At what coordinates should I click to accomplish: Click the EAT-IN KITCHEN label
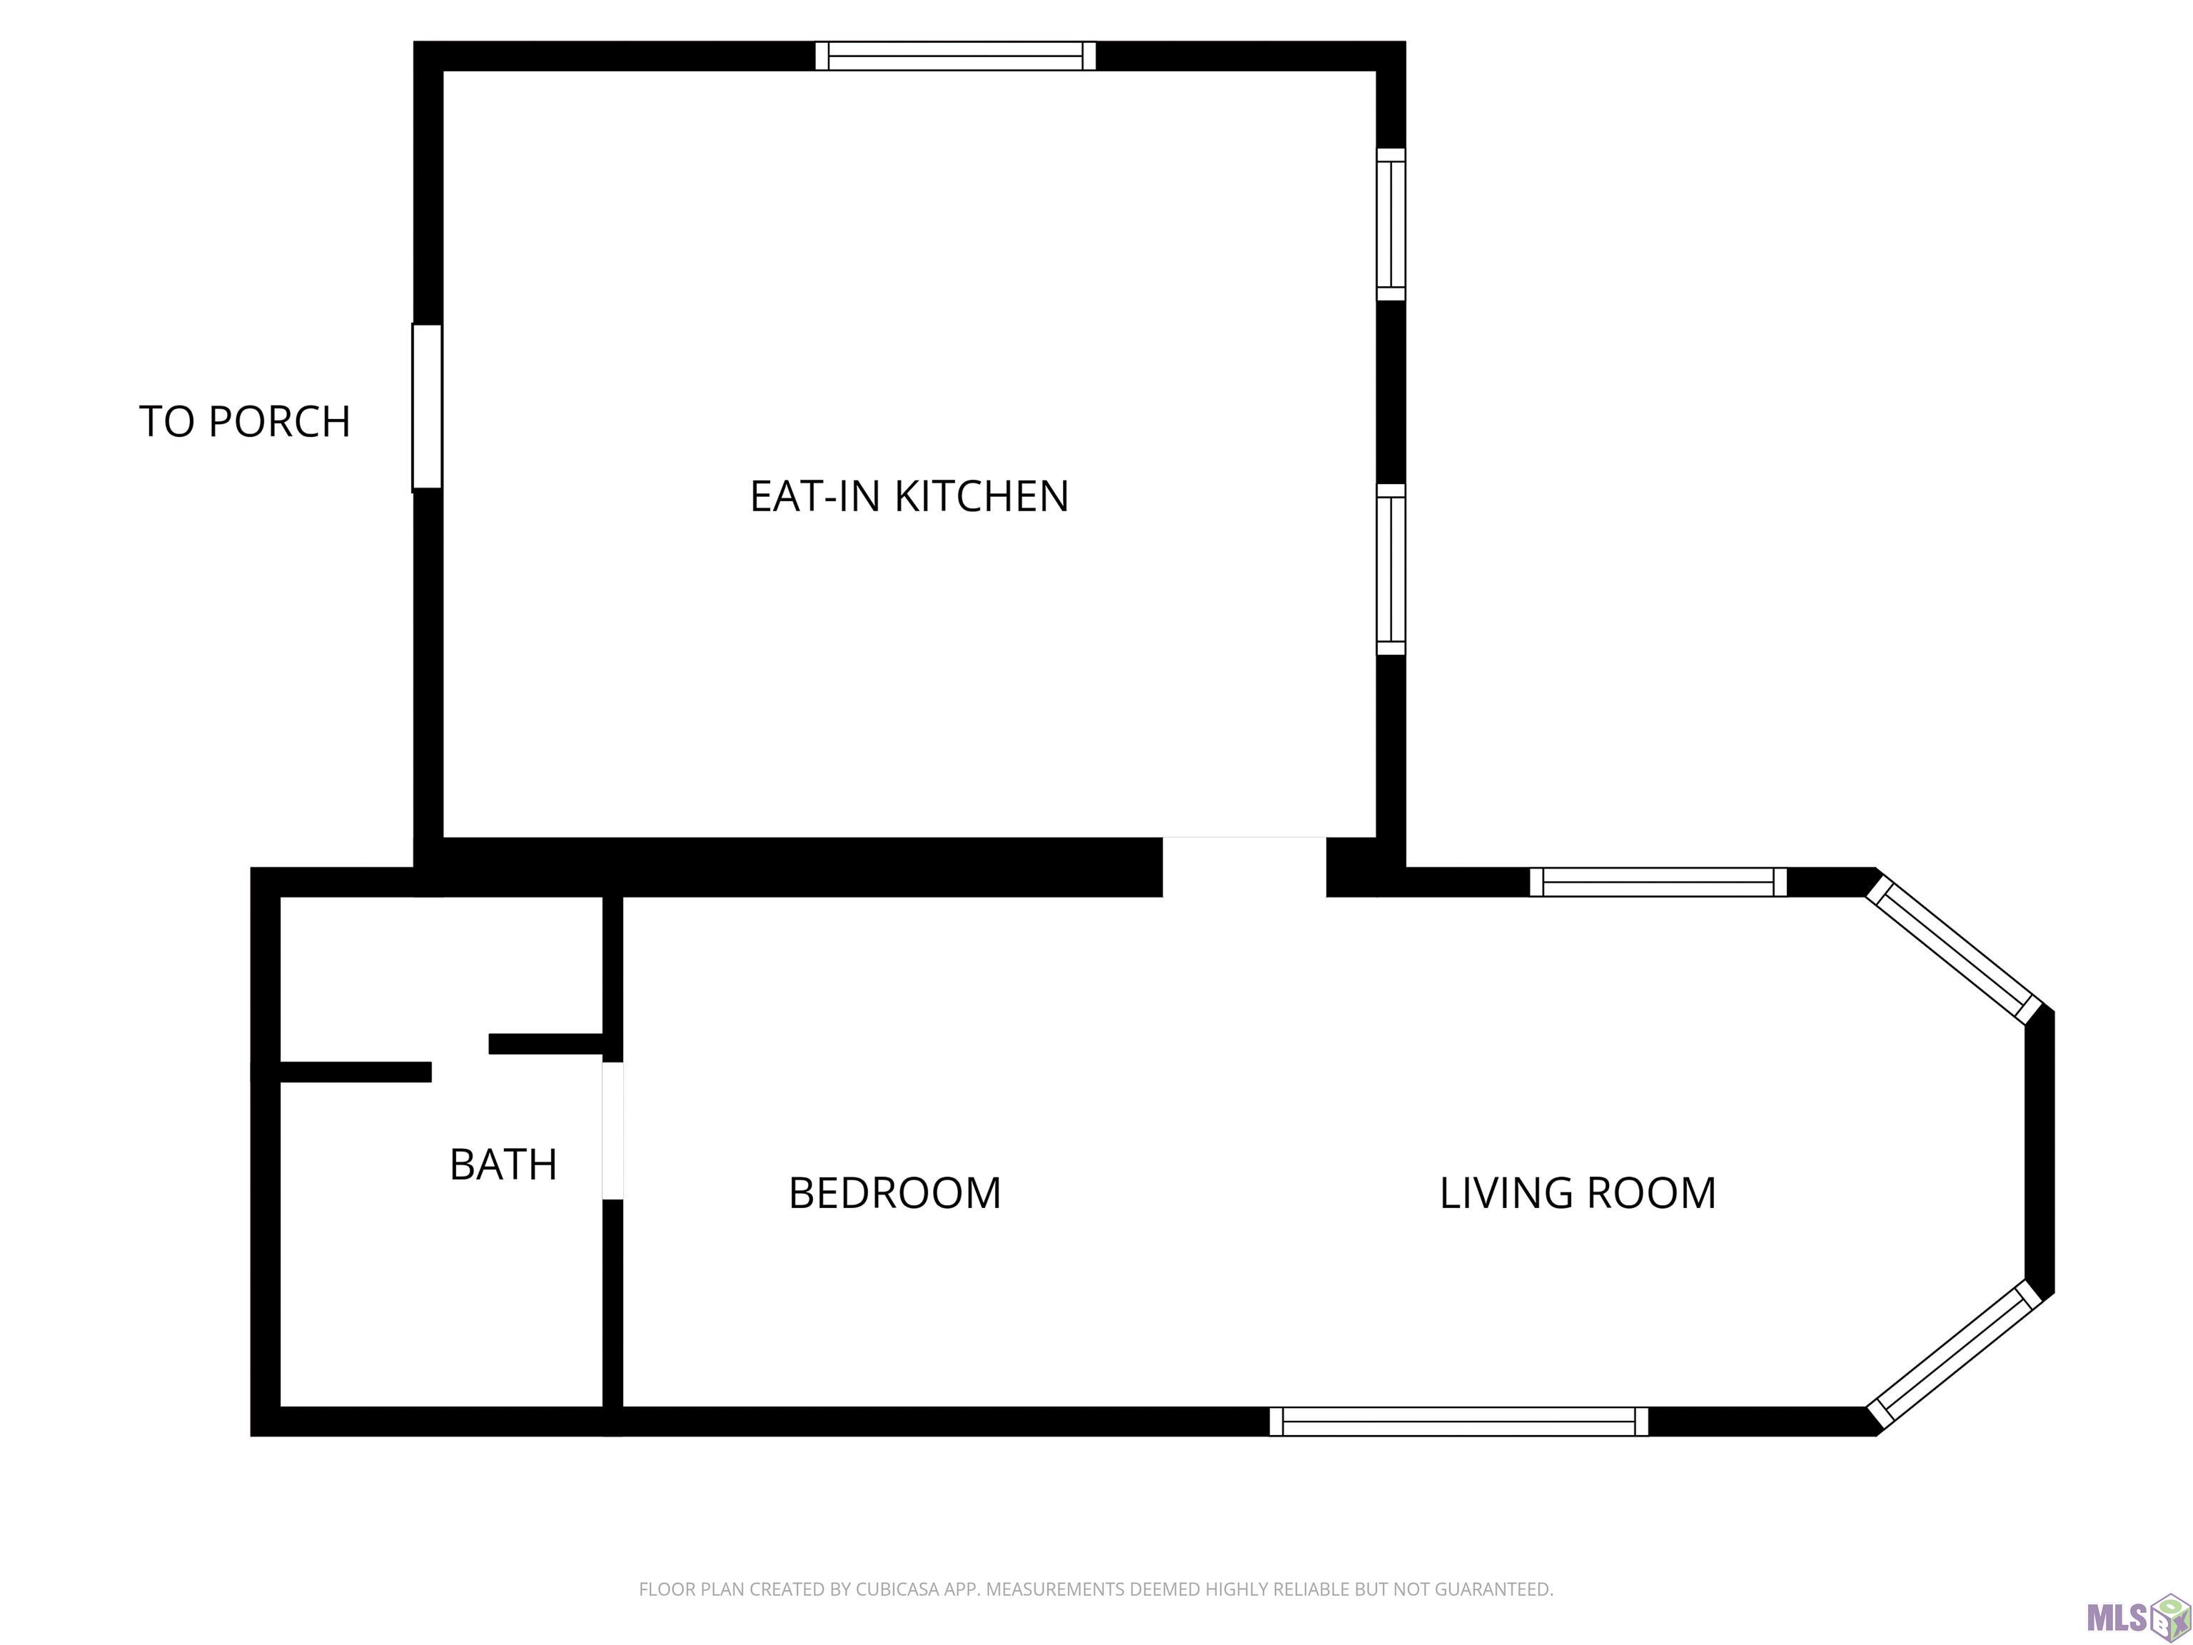point(909,495)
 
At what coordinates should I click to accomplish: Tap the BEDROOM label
point(894,1193)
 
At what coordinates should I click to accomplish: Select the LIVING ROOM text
point(1578,1193)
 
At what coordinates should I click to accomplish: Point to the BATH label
point(503,1164)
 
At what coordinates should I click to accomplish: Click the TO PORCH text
point(245,421)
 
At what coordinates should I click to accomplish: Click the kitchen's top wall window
point(956,56)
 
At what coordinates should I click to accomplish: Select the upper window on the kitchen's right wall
point(1391,224)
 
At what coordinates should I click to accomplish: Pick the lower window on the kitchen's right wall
point(1391,569)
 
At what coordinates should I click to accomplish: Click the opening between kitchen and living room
point(1244,867)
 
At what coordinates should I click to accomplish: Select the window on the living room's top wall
point(1658,882)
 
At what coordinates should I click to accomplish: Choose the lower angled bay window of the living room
point(1953,1354)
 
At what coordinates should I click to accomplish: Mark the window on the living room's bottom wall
point(1458,1421)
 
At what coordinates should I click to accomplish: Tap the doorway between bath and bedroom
point(612,1130)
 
